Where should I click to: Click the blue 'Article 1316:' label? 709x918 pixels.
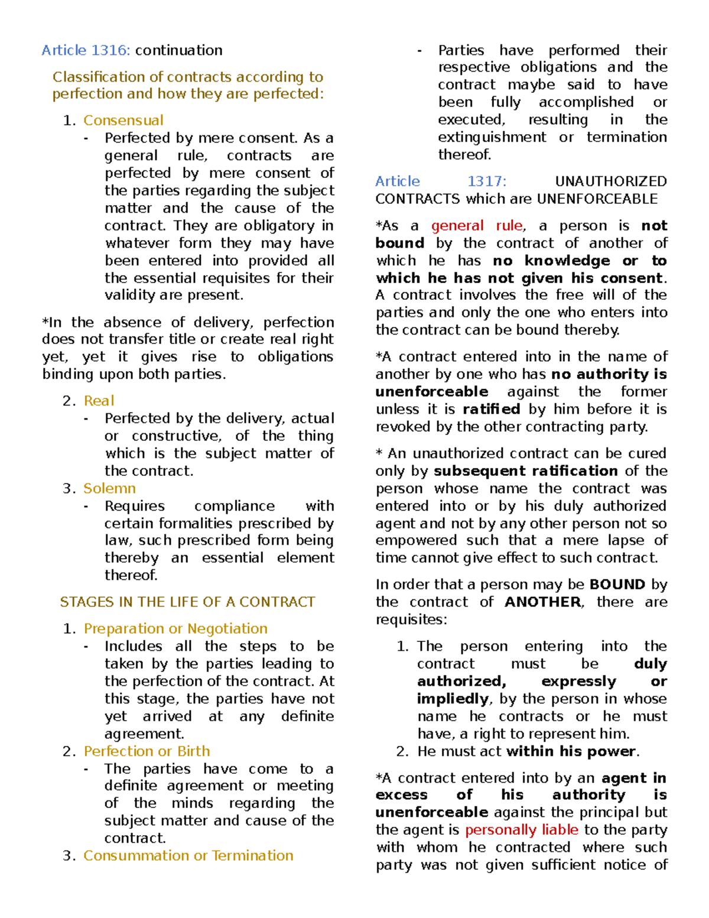pyautogui.click(x=86, y=50)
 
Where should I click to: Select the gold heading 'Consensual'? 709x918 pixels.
pyautogui.click(x=123, y=121)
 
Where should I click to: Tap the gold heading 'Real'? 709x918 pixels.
pyautogui.click(x=99, y=401)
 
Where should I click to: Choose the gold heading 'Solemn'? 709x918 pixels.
pyautogui.click(x=109, y=488)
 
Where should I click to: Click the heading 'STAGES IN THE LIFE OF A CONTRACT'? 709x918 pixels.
pyautogui.click(x=187, y=602)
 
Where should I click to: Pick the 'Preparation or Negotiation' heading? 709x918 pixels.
pyautogui.click(x=175, y=628)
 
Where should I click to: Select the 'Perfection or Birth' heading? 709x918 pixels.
pyautogui.click(x=147, y=751)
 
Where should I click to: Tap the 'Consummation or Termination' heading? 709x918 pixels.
pyautogui.click(x=188, y=856)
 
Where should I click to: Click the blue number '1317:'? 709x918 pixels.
pyautogui.click(x=487, y=181)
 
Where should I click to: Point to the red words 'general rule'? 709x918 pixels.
pyautogui.click(x=477, y=226)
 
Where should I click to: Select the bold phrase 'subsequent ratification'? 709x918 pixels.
pyautogui.click(x=525, y=471)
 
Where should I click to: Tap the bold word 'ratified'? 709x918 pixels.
pyautogui.click(x=491, y=409)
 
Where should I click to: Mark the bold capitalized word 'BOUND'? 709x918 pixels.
pyautogui.click(x=617, y=585)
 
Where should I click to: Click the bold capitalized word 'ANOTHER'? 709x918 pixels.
pyautogui.click(x=543, y=602)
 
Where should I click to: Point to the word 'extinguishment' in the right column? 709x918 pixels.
pyautogui.click(x=492, y=137)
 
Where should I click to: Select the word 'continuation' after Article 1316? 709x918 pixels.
pyautogui.click(x=178, y=50)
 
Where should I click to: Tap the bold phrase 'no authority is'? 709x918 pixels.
pyautogui.click(x=609, y=374)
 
